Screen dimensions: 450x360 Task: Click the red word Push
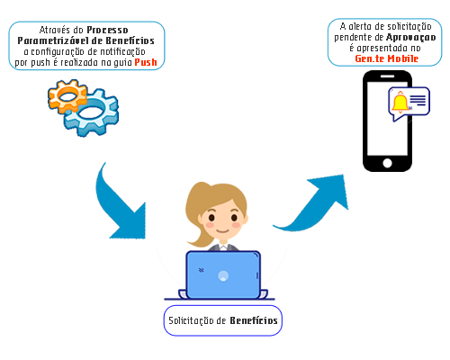pos(146,62)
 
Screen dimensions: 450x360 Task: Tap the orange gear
pos(67,95)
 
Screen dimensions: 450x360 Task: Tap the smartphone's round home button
pos(387,163)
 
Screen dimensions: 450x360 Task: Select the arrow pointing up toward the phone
pos(313,203)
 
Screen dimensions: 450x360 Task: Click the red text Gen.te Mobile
pos(386,58)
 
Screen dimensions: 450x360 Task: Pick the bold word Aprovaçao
pos(410,38)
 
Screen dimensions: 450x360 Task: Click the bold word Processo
pos(107,30)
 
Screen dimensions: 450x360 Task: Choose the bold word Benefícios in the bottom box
pos(254,320)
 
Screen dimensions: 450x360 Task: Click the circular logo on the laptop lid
pos(223,275)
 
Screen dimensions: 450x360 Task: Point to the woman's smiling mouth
pos(223,231)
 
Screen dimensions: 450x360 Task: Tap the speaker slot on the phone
pos(387,76)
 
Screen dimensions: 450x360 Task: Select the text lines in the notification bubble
pos(418,100)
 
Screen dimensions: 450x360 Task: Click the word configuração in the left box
pos(58,52)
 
